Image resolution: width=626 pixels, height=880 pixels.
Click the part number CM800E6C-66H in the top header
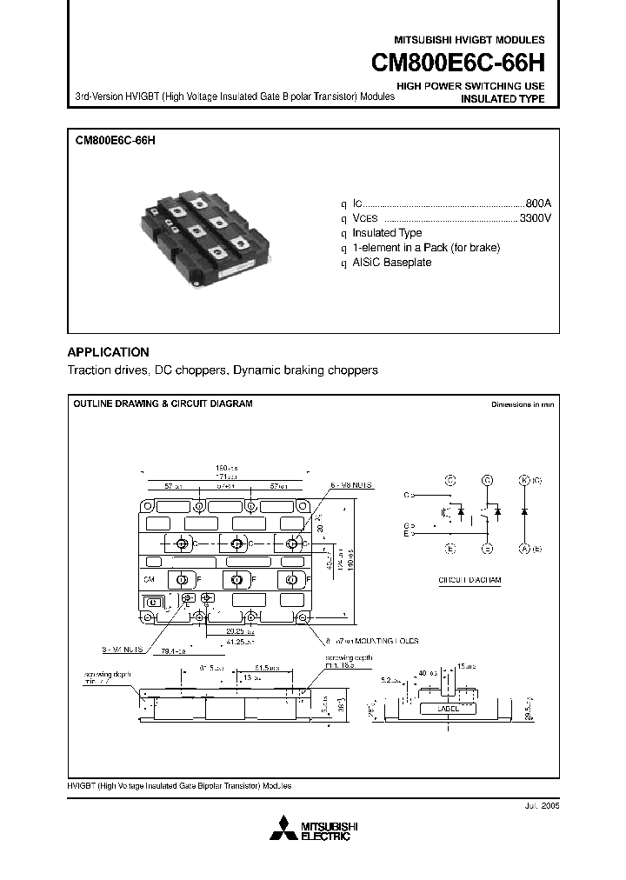[x=458, y=63]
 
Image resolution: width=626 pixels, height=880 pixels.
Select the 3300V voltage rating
[x=535, y=217]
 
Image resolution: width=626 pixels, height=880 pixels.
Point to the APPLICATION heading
[x=109, y=352]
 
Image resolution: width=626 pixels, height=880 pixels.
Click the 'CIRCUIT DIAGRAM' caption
[x=469, y=580]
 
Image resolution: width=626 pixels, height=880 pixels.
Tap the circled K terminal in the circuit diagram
[x=524, y=480]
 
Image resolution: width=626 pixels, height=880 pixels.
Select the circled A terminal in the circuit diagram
[x=524, y=548]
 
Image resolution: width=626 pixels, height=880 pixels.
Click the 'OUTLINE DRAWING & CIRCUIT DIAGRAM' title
[x=163, y=404]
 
